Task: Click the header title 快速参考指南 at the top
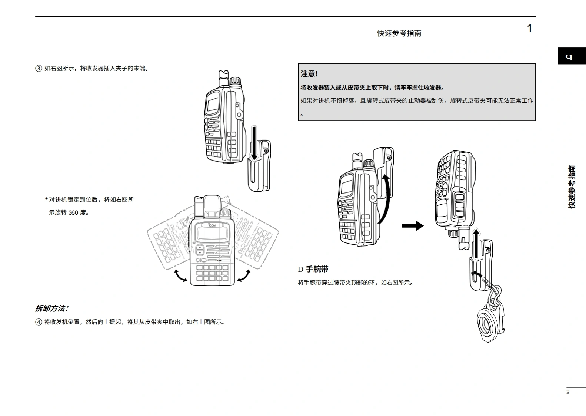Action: (x=399, y=33)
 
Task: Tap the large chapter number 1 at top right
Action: (x=529, y=29)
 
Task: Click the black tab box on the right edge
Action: (x=571, y=56)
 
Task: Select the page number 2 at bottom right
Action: (x=568, y=392)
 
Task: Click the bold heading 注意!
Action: (x=309, y=74)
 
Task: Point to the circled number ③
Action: (x=39, y=69)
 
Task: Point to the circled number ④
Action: (x=39, y=322)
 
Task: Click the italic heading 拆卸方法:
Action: (x=51, y=308)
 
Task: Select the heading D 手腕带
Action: (x=313, y=269)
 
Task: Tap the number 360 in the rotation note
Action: (x=73, y=213)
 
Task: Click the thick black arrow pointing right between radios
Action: (x=412, y=225)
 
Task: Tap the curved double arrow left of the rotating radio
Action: (x=180, y=276)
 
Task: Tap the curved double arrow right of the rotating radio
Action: (x=243, y=275)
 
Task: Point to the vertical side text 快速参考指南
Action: (x=572, y=187)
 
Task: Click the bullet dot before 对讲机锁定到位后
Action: (x=47, y=199)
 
